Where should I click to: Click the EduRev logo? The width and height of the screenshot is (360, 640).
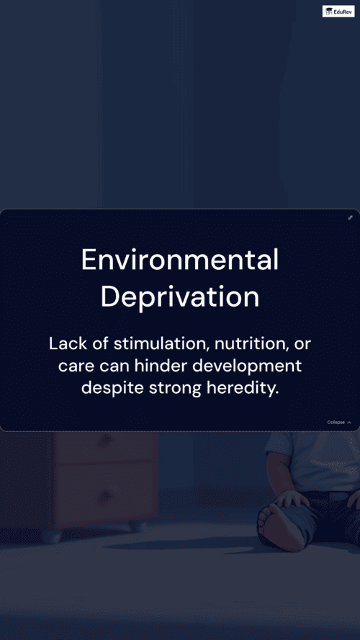(338, 11)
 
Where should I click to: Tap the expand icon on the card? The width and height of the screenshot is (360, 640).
(350, 217)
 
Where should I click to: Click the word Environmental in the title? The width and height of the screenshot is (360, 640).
(180, 260)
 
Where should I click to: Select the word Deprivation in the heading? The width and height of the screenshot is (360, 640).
(180, 297)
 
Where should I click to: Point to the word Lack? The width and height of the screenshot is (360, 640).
(65, 343)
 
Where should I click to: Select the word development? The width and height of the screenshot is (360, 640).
(247, 366)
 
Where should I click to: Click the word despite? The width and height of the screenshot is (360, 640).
(112, 389)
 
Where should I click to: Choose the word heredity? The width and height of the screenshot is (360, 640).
(243, 389)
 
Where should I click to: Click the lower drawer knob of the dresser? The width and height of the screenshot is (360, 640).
(105, 496)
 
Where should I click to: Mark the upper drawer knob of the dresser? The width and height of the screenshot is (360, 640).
(105, 441)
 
